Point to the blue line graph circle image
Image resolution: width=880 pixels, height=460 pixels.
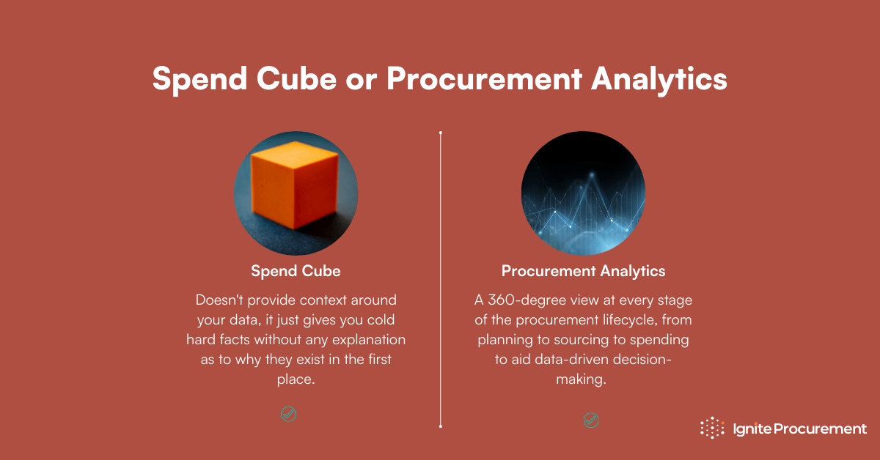click(x=583, y=194)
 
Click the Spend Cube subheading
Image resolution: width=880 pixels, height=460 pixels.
click(x=296, y=271)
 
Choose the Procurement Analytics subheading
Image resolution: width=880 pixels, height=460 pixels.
click(x=583, y=271)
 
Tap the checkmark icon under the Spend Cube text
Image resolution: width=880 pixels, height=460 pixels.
click(x=288, y=414)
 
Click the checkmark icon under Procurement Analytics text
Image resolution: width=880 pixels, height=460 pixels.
click(x=590, y=420)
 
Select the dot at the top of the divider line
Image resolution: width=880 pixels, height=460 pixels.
click(x=440, y=133)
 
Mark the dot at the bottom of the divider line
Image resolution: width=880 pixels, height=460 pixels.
click(x=440, y=425)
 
